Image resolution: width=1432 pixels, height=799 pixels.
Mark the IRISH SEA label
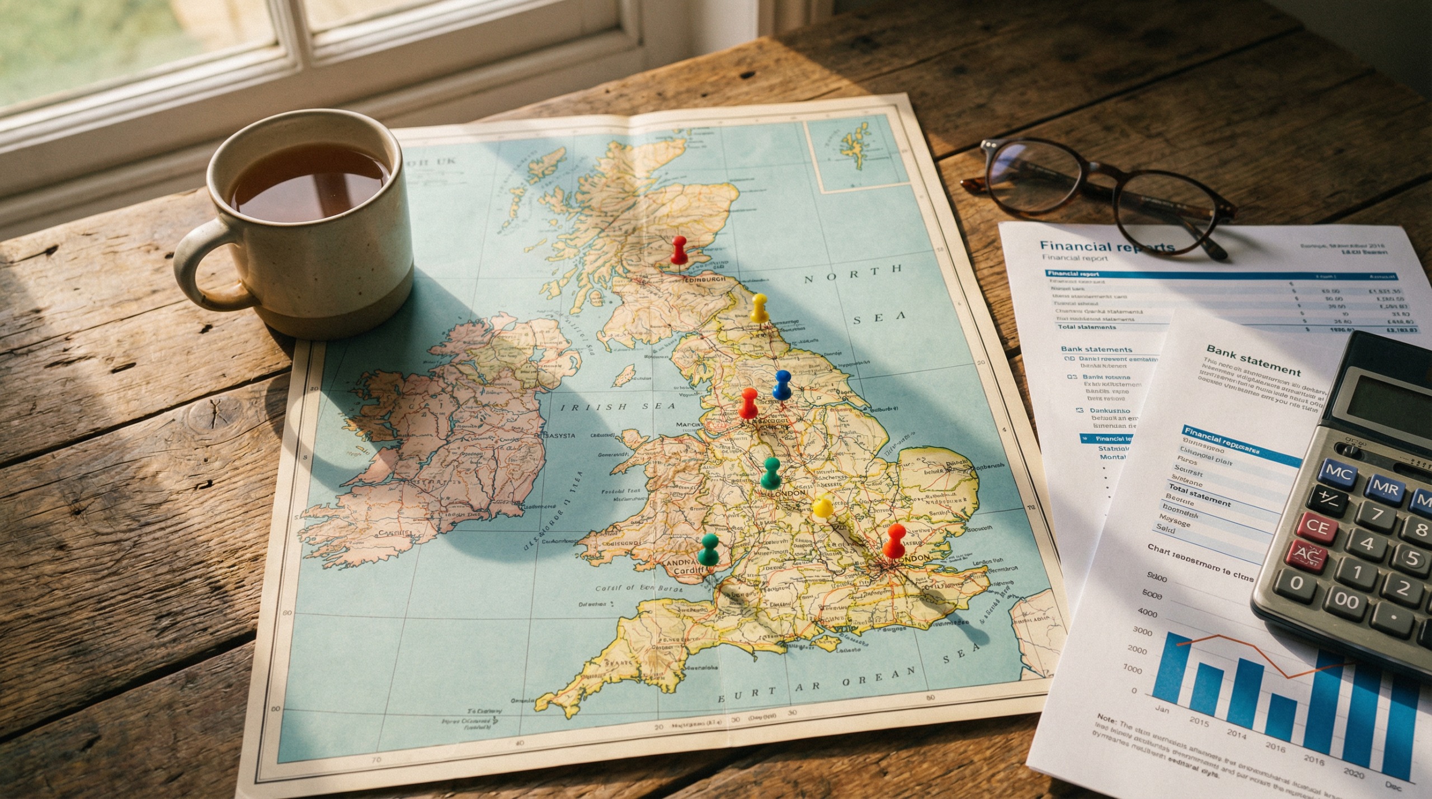click(x=618, y=406)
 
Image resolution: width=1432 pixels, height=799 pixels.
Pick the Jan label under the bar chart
click(x=1162, y=709)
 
